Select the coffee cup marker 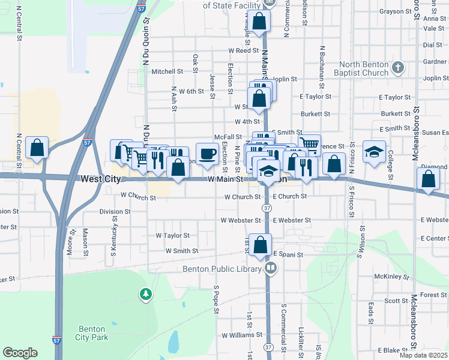click(207, 154)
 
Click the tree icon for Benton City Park click(145, 294)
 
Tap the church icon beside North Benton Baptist click(397, 68)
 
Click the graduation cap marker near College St click(374, 152)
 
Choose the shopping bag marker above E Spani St click(260, 245)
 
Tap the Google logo click(20, 353)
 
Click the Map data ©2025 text click(423, 355)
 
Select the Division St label click(115, 211)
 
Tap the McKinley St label click(391, 277)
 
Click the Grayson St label click(393, 11)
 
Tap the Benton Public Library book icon click(271, 268)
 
